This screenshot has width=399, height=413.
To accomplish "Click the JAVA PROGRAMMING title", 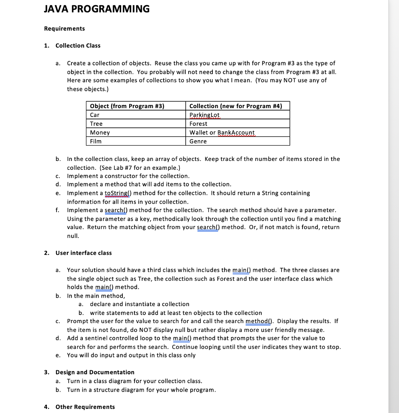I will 97,9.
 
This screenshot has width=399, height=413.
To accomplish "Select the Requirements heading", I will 65,29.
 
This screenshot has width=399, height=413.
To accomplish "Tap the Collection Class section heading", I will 78,46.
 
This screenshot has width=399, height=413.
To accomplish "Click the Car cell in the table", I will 95,115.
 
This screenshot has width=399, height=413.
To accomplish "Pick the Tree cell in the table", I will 97,124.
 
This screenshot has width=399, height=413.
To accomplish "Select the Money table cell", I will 100,133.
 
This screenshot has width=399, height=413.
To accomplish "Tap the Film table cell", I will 96,142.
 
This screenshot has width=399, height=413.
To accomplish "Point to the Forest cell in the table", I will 198,124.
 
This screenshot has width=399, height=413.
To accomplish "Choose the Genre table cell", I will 198,142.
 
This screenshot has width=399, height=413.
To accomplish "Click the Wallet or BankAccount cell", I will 222,133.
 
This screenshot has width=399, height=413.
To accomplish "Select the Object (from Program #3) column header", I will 127,106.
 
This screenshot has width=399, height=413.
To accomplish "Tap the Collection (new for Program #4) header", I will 235,106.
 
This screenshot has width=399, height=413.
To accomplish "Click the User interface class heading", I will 84,253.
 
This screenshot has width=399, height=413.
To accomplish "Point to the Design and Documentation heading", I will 95,372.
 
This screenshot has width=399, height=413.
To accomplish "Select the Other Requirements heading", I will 85,407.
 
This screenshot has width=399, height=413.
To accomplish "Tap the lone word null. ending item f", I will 73,236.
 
